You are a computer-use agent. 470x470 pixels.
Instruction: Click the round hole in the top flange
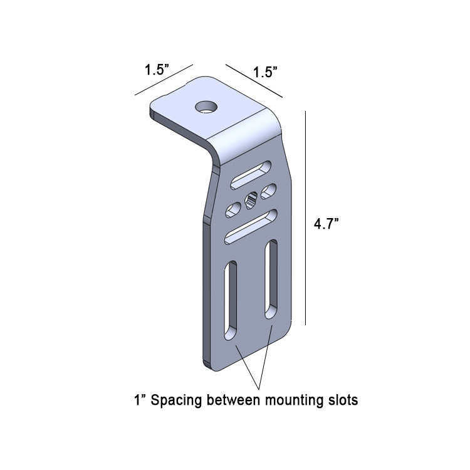click(205, 107)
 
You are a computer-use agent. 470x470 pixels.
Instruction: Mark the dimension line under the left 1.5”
click(163, 80)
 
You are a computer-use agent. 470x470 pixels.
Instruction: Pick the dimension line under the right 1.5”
click(254, 81)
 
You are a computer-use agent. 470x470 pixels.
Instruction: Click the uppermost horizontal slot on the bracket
click(251, 175)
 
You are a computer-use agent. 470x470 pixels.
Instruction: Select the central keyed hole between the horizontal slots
click(251, 201)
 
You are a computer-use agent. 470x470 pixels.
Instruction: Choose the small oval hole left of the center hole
click(232, 209)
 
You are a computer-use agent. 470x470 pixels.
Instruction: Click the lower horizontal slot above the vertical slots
click(251, 226)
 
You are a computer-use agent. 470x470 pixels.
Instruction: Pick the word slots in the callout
click(343, 399)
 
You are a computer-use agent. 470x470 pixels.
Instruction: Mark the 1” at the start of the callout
click(138, 399)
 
